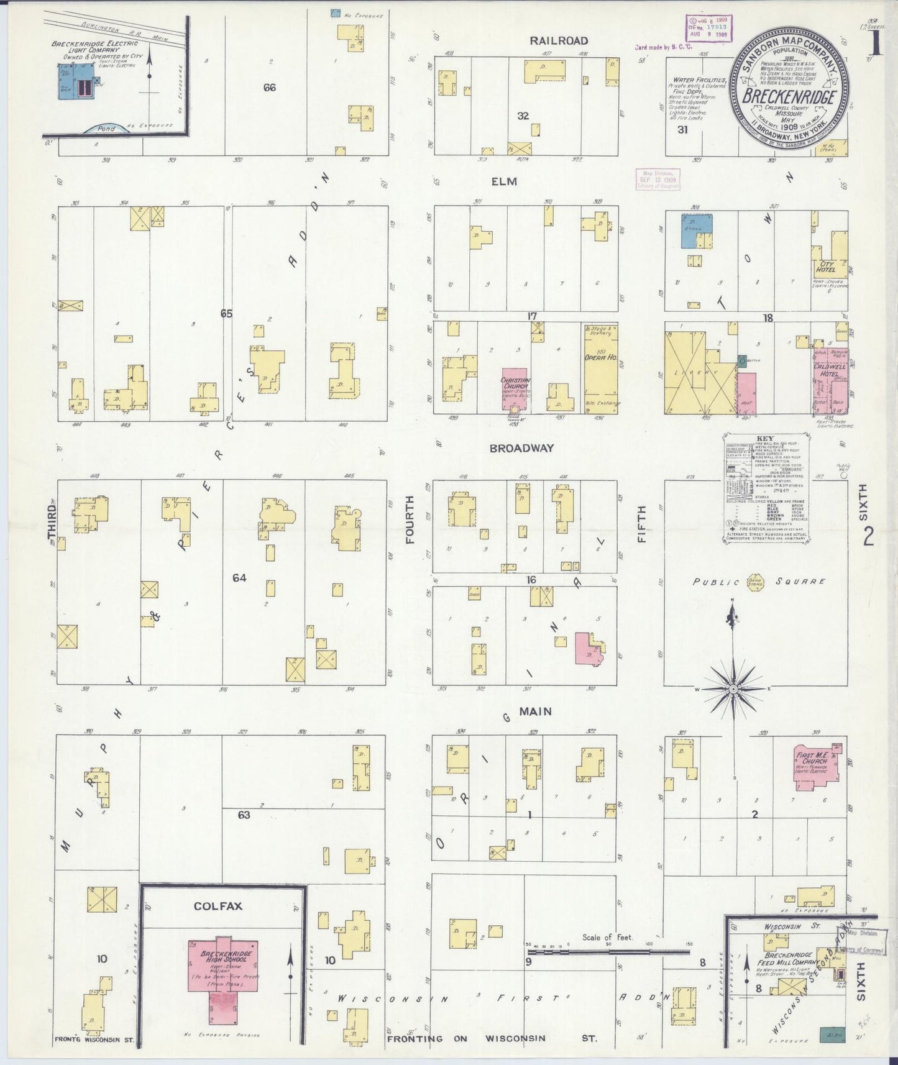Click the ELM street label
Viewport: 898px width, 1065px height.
point(504,181)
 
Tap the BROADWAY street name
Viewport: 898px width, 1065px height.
point(521,448)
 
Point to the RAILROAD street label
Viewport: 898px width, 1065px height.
point(558,41)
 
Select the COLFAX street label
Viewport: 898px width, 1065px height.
point(218,906)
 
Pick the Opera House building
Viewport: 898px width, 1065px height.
point(600,367)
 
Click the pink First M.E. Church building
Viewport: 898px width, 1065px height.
point(816,766)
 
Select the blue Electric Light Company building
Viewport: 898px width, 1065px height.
point(76,81)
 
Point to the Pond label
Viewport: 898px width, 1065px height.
point(106,129)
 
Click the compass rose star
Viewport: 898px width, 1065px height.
point(733,690)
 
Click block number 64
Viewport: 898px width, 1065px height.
point(239,578)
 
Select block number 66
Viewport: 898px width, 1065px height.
point(269,88)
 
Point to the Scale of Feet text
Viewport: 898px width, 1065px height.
point(607,936)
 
